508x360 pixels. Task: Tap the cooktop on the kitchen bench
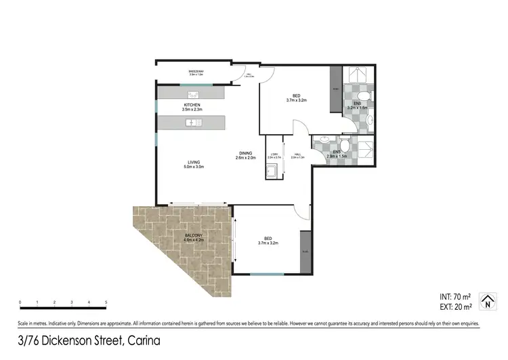[192, 94]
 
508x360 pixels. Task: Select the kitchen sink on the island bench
[193, 123]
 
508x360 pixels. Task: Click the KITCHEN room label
[192, 106]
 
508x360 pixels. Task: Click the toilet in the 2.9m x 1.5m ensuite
[344, 145]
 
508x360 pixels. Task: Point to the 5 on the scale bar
[106, 302]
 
